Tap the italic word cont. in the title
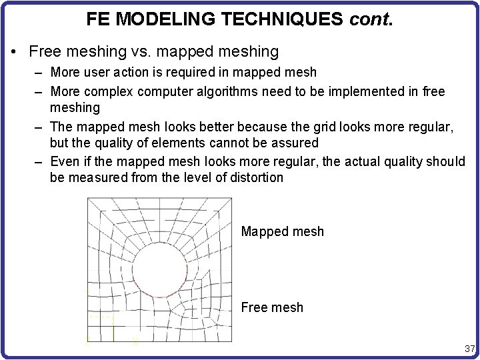(x=372, y=19)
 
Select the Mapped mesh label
(x=282, y=232)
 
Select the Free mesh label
(x=272, y=307)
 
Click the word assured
(x=293, y=143)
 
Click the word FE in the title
(x=98, y=19)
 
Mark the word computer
(x=161, y=90)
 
